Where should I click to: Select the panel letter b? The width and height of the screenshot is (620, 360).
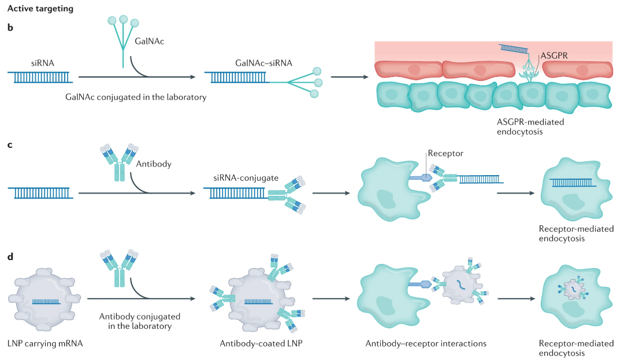[x=10, y=27]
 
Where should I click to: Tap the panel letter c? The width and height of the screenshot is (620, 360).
[x=10, y=144]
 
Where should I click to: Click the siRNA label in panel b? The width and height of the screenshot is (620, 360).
[x=43, y=63]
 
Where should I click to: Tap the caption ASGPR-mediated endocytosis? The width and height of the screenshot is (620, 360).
[x=530, y=128]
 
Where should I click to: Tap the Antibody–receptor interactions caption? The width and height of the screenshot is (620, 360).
[x=426, y=343]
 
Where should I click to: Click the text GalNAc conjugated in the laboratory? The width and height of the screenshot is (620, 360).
[x=136, y=97]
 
